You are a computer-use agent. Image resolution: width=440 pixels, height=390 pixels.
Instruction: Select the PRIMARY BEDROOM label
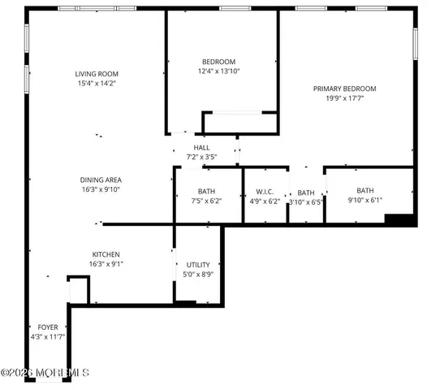click(345, 89)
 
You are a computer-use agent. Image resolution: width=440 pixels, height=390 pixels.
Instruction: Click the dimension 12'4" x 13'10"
click(219, 71)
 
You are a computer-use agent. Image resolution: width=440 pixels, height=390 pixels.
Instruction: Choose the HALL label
click(201, 147)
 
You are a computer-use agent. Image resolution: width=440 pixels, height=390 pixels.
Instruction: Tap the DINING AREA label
click(101, 180)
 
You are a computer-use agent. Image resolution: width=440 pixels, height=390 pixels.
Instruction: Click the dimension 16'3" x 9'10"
click(101, 188)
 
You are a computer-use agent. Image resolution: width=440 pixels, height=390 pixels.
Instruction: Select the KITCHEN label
click(106, 254)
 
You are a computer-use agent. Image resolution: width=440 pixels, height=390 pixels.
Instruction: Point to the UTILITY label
click(198, 266)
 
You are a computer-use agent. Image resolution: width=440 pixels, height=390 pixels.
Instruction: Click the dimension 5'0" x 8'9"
click(198, 275)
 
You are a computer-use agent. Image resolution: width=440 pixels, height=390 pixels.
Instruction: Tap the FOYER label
click(48, 327)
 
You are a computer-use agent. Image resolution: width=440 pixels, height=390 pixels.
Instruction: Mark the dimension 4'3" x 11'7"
click(48, 336)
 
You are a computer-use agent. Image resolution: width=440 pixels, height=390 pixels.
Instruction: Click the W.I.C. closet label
click(265, 192)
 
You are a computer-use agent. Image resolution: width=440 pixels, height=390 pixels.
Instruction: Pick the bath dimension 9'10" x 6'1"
click(365, 200)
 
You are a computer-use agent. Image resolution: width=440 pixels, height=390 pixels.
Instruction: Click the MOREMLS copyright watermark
click(45, 373)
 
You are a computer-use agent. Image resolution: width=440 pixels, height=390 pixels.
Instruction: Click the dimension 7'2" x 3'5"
click(201, 156)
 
